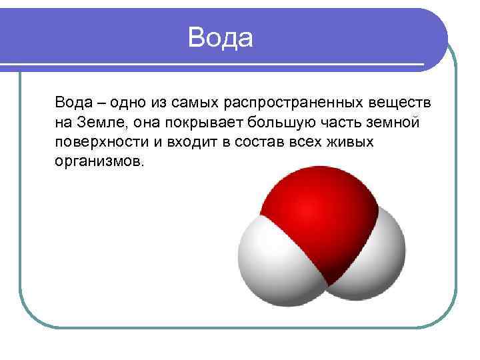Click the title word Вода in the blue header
click(x=220, y=37)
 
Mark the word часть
click(x=341, y=124)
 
